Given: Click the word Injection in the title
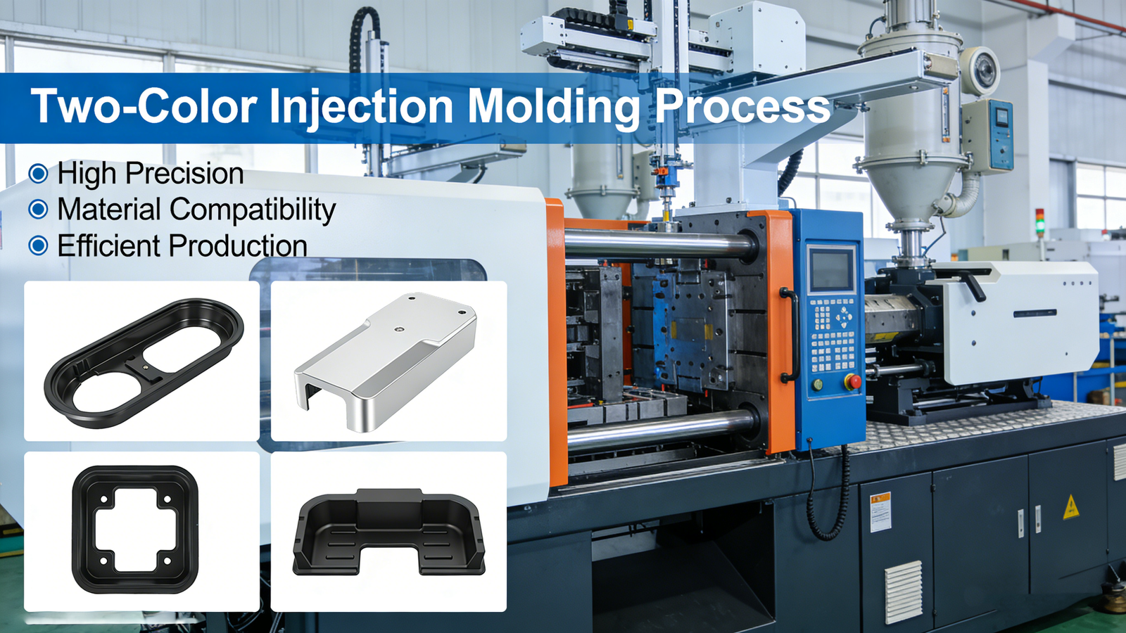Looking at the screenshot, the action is tap(361, 107).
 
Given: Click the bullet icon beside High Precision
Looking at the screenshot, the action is tap(38, 173).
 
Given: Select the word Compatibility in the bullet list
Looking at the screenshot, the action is tap(253, 210).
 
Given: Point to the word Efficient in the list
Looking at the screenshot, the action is tap(110, 245).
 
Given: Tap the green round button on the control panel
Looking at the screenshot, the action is tap(817, 385).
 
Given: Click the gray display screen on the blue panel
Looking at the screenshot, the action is tap(831, 270).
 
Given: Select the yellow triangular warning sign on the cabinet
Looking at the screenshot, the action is tap(1070, 508).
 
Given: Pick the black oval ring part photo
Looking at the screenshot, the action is tap(141, 361).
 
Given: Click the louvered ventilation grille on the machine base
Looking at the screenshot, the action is tap(904, 592).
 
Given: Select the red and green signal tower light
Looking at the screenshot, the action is tap(1039, 222).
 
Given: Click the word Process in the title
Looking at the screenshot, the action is tap(742, 107).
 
